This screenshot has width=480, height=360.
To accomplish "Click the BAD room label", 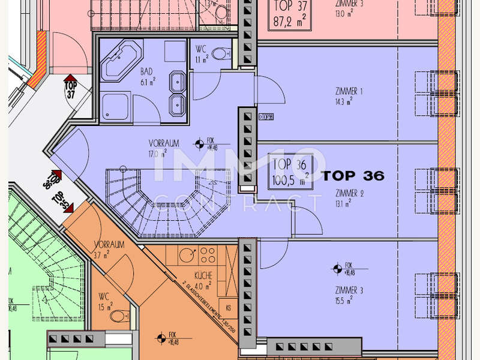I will tap(146, 71).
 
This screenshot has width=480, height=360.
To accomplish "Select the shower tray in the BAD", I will tap(115, 107).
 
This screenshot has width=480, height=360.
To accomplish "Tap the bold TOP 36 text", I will tap(353, 176).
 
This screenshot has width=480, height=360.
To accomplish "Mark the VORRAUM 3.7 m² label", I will tap(109, 245).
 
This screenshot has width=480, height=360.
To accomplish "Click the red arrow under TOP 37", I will tap(70, 79).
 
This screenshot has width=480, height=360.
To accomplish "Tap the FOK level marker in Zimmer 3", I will tap(338, 269).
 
